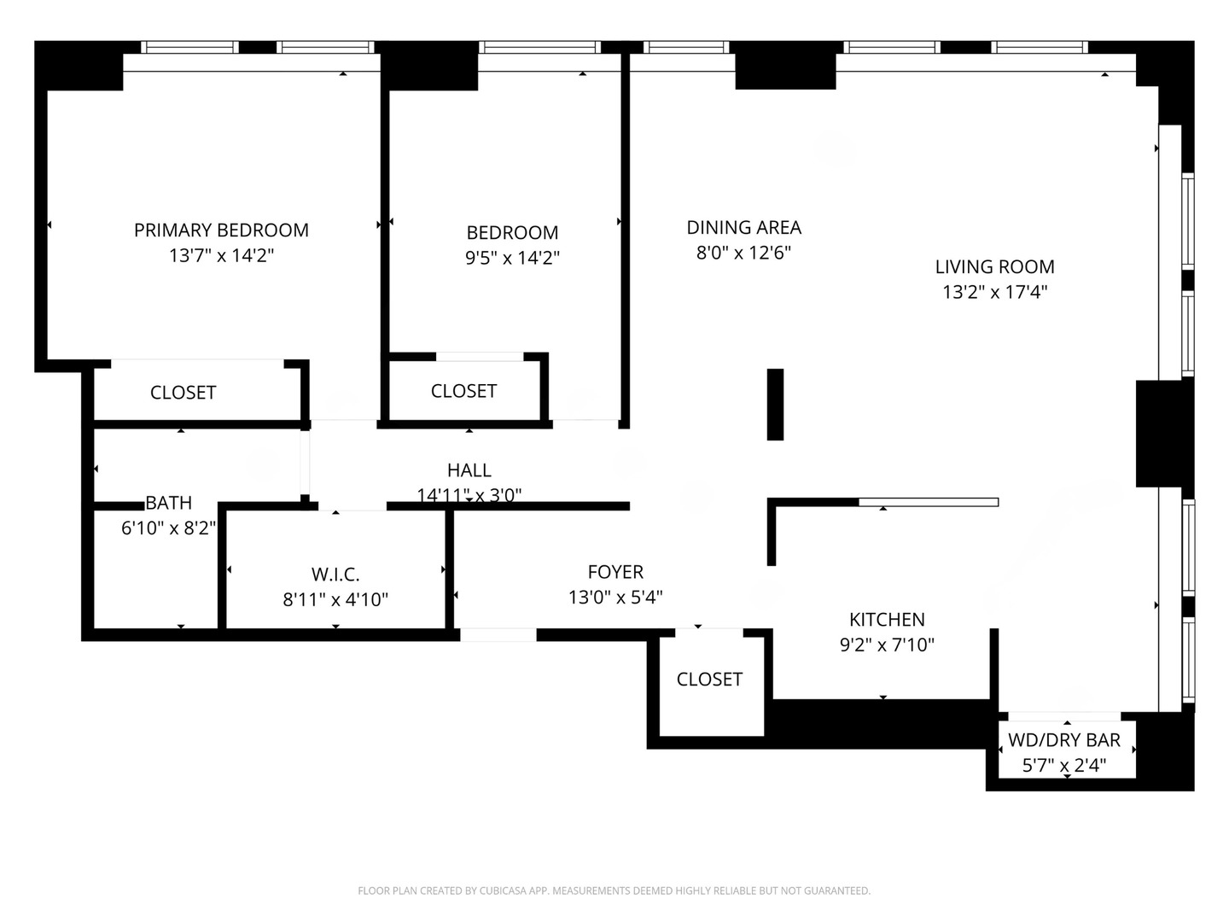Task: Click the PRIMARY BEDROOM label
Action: point(221,230)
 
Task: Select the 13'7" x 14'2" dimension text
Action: point(221,255)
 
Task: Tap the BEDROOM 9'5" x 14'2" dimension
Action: point(512,258)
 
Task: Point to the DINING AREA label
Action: point(743,227)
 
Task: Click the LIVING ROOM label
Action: point(994,266)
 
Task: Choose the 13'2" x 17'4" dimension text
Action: point(994,292)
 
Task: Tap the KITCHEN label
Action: point(887,619)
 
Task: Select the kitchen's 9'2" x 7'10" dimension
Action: point(887,645)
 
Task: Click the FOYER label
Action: point(615,572)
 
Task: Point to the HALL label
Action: point(469,470)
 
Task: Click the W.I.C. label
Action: point(335,574)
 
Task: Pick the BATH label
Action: point(168,503)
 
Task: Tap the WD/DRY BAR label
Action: point(1064,740)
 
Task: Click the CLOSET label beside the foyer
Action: point(709,679)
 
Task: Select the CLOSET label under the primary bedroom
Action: point(183,392)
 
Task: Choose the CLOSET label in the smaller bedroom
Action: point(463,390)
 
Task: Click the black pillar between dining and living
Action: point(775,404)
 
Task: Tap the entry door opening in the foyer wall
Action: point(498,634)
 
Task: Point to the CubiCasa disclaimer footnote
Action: point(614,890)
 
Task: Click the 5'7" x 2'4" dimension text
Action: point(1064,765)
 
